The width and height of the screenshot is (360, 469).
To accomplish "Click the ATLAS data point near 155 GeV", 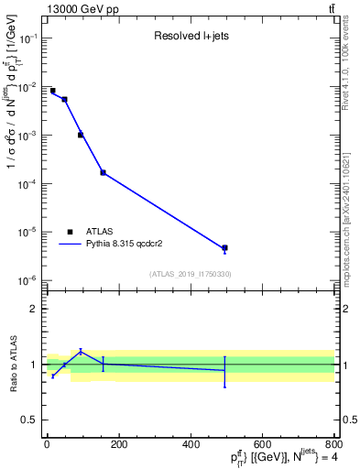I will point(103,172).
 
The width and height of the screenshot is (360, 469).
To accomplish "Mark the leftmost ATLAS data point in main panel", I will point(52,91).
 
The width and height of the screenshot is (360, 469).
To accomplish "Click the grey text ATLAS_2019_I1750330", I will point(190,274).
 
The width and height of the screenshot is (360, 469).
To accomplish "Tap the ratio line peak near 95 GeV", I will point(81,351).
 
